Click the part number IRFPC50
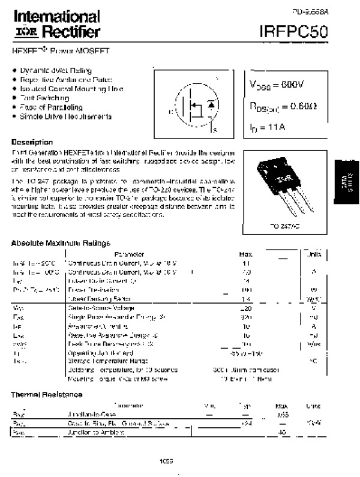(294, 31)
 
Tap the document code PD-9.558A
(310, 11)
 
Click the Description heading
(32, 142)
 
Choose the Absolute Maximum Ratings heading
(61, 243)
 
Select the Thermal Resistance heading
(46, 394)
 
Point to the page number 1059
(167, 461)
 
